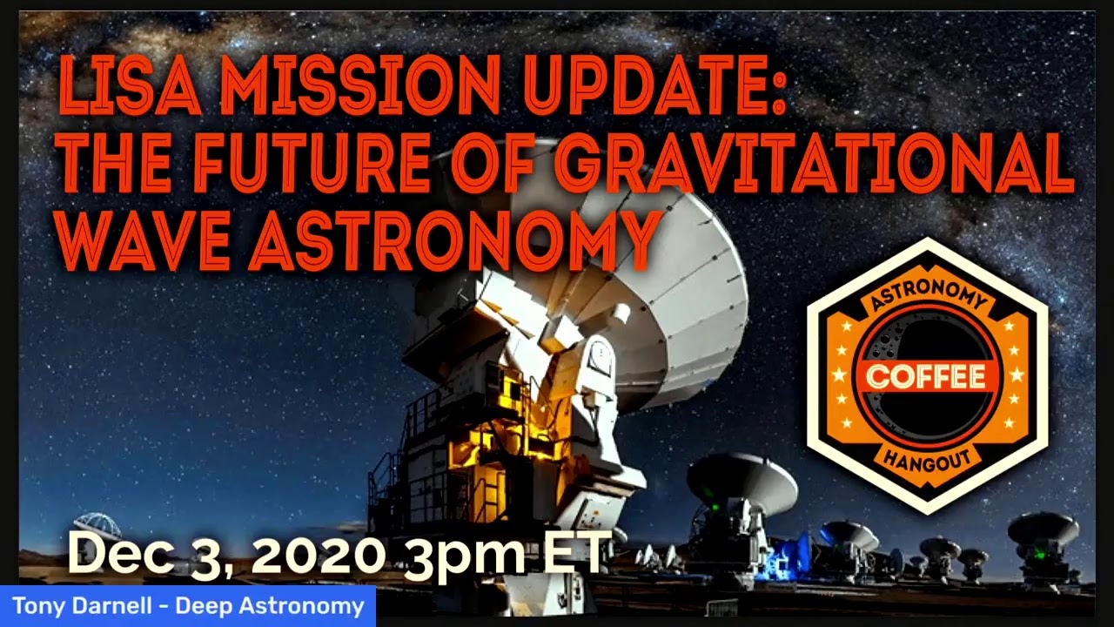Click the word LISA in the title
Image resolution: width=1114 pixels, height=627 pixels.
pyautogui.click(x=129, y=86)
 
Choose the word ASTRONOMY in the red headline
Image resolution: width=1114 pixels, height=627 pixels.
pyautogui.click(x=453, y=239)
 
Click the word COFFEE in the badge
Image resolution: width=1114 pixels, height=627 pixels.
pyautogui.click(x=926, y=376)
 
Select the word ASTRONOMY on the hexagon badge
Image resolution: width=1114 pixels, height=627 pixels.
pyautogui.click(x=927, y=299)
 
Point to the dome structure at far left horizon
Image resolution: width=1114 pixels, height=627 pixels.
pyautogui.click(x=97, y=525)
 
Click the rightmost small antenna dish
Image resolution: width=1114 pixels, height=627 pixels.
pyautogui.click(x=1043, y=531)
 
